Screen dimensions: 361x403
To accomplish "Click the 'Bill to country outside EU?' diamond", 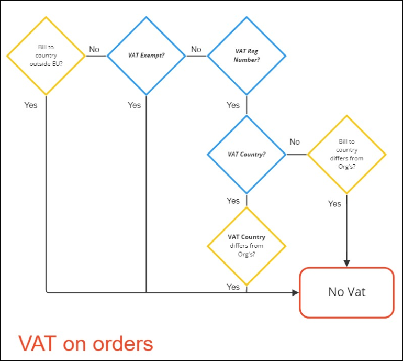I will pos(46,55).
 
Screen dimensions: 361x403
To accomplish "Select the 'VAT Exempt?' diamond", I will pos(146,55).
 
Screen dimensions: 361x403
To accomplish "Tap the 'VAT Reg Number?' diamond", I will pos(247,55).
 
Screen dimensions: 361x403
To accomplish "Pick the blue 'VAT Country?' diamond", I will pos(247,155).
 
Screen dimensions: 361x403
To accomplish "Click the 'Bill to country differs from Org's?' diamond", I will pos(346,155).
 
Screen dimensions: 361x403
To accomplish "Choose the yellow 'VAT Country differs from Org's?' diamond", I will pos(247,246).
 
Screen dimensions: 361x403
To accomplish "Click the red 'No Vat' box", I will pos(346,292).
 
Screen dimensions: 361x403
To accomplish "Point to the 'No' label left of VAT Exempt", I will pos(94,50).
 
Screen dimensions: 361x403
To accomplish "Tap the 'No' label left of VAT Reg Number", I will pos(196,50).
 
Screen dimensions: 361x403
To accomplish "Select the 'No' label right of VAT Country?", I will pos(295,142).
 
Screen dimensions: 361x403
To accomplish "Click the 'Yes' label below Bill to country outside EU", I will pos(31,105).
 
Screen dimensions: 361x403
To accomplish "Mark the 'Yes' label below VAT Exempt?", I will pos(134,105).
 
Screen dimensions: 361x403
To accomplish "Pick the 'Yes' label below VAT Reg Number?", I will pos(233,105).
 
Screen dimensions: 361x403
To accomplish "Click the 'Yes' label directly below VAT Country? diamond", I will pos(233,201).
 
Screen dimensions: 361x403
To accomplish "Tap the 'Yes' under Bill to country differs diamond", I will pos(334,204).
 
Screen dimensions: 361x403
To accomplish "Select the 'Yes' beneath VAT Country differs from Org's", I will pos(233,287).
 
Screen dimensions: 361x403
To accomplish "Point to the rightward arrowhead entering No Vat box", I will pos(295,292).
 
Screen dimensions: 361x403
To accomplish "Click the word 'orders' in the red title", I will pos(121,344).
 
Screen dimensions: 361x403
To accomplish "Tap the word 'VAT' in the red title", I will pos(37,344).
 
